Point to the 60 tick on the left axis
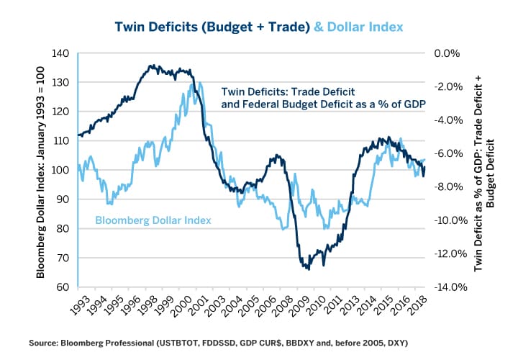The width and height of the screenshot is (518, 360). tap(64, 287)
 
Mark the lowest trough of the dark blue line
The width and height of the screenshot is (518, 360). tap(309, 269)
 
